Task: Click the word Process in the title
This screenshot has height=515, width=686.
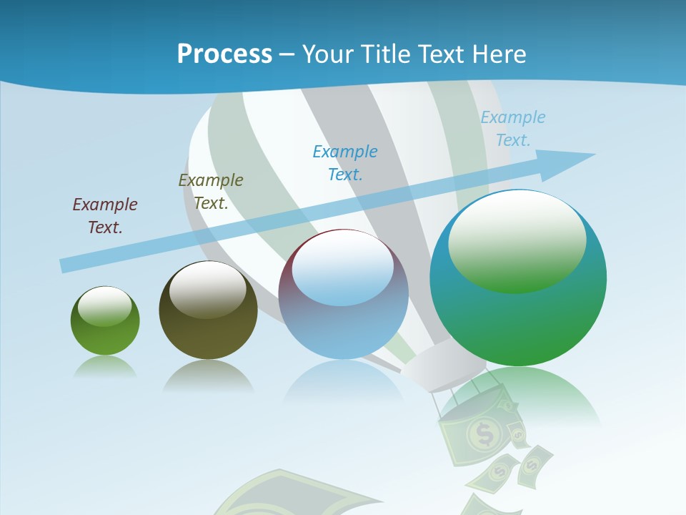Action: [x=224, y=54]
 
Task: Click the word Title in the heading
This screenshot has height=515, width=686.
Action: [x=384, y=54]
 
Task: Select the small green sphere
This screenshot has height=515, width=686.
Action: [x=105, y=321]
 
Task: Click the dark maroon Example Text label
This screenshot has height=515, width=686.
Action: [x=105, y=216]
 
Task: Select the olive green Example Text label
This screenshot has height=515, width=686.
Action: [x=211, y=192]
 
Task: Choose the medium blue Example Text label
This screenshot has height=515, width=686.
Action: [x=345, y=162]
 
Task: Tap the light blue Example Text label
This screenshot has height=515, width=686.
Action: [x=512, y=129]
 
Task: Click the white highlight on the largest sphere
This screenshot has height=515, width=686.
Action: [x=517, y=240]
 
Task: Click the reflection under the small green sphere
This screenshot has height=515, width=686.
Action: [x=105, y=367]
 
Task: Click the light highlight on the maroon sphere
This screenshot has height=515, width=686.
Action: [x=343, y=267]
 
